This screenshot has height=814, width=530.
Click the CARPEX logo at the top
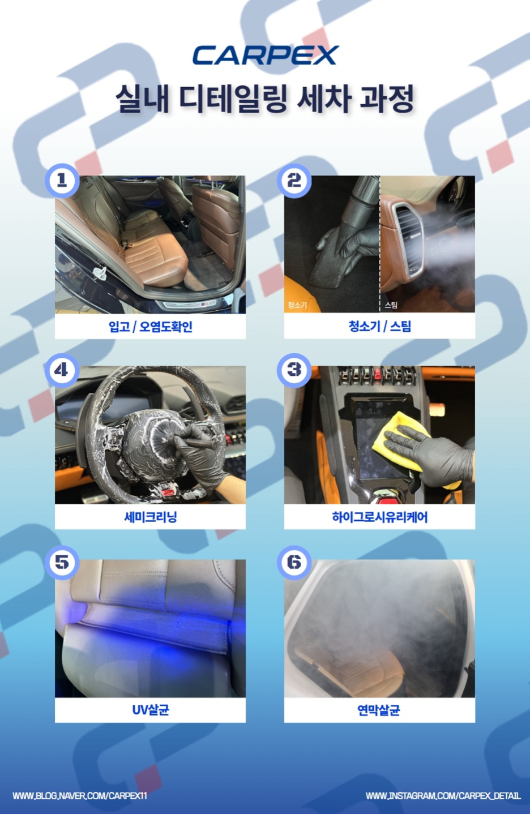tap(266, 55)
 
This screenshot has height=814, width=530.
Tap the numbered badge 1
tap(62, 181)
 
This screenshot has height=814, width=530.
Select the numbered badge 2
tap(294, 181)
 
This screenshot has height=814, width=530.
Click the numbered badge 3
tap(294, 370)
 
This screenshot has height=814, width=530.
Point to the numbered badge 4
tap(62, 370)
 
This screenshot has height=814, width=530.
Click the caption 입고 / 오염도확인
tap(151, 327)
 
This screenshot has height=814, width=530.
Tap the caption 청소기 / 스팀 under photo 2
tap(379, 326)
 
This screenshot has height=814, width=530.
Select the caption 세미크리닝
tap(151, 516)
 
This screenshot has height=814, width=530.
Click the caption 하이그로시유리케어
tap(379, 516)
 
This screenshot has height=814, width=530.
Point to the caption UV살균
tap(151, 709)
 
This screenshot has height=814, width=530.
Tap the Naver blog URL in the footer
tap(80, 796)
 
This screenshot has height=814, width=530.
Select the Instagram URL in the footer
tap(443, 796)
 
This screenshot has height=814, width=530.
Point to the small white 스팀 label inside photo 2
tap(391, 305)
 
